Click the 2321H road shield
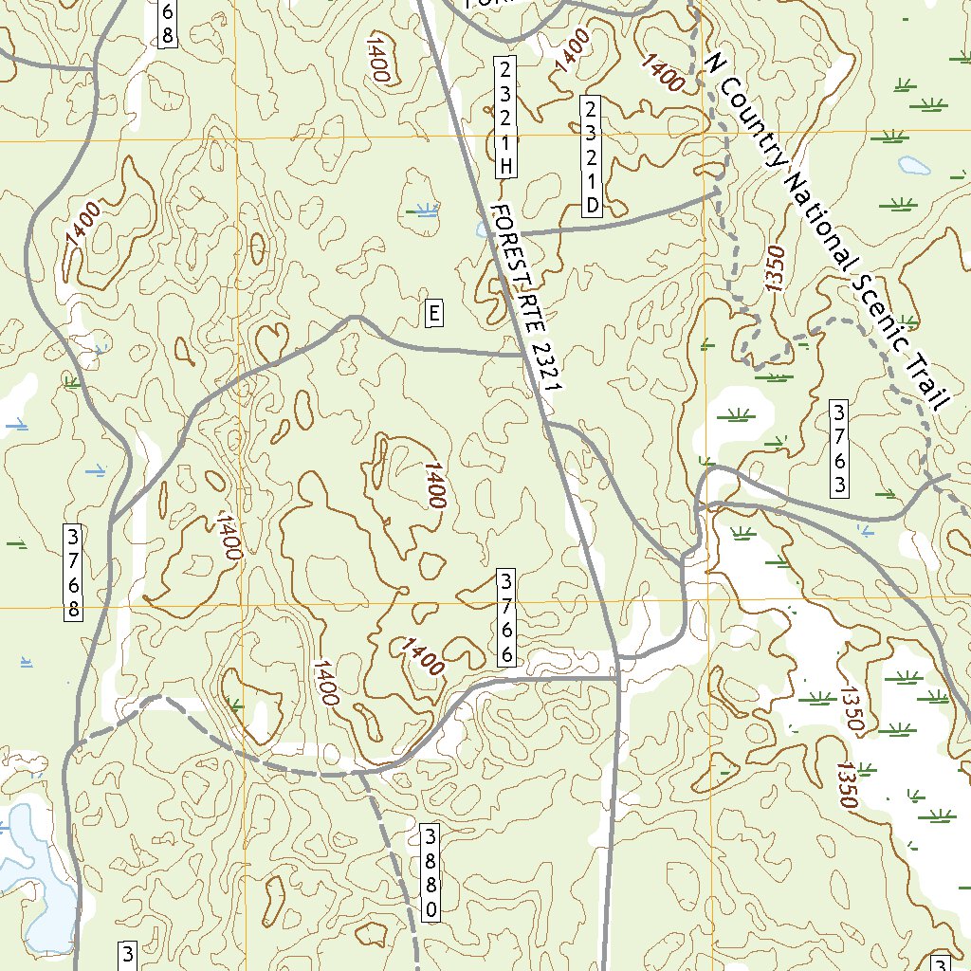tap(506, 118)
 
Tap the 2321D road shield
tap(592, 156)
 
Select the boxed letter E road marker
tap(433, 313)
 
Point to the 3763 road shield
tap(838, 449)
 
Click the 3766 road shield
tap(507, 617)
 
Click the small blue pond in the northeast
tap(914, 165)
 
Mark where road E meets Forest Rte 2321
tap(522, 355)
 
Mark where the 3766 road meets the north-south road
tap(617, 678)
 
